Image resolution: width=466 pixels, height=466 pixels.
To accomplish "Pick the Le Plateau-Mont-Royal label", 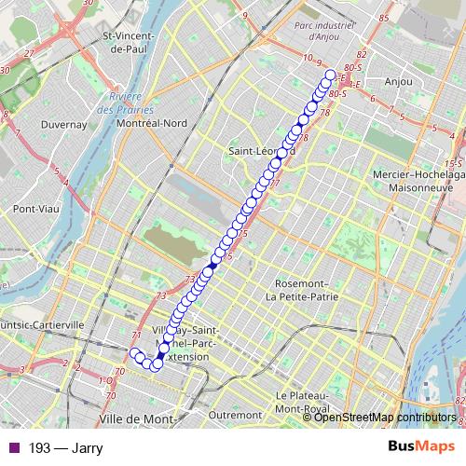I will click(305, 402).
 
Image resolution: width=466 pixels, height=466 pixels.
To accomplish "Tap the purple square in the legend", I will click(9, 447).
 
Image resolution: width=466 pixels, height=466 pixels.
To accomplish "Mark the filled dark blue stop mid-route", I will click(212, 267).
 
